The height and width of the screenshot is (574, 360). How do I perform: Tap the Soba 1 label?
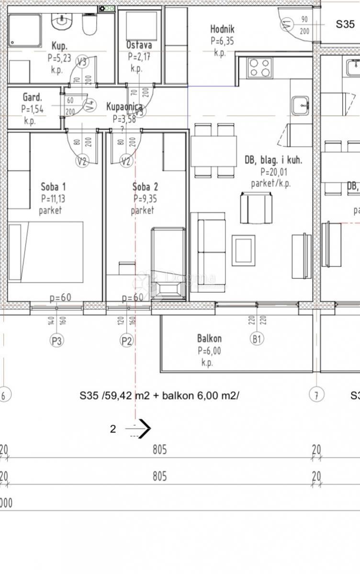pos(53,187)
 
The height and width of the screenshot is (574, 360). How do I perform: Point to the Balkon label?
pos(209,339)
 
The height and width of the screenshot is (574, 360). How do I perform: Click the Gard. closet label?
pos(32,98)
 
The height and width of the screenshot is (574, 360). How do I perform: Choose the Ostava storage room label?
pos(139,45)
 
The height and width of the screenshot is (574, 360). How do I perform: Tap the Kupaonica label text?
pos(124,107)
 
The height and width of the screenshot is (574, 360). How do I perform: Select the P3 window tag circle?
pos(57,341)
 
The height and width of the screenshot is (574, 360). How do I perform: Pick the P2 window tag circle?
pos(126,341)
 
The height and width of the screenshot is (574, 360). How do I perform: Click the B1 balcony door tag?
pos(257,339)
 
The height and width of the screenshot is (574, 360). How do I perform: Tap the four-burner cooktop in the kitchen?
pos(259,67)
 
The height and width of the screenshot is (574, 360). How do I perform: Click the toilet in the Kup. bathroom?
pos(90,24)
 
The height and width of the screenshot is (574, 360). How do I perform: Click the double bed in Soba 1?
pos(46,252)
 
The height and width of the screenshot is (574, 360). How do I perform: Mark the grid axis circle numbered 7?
pos(316,395)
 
